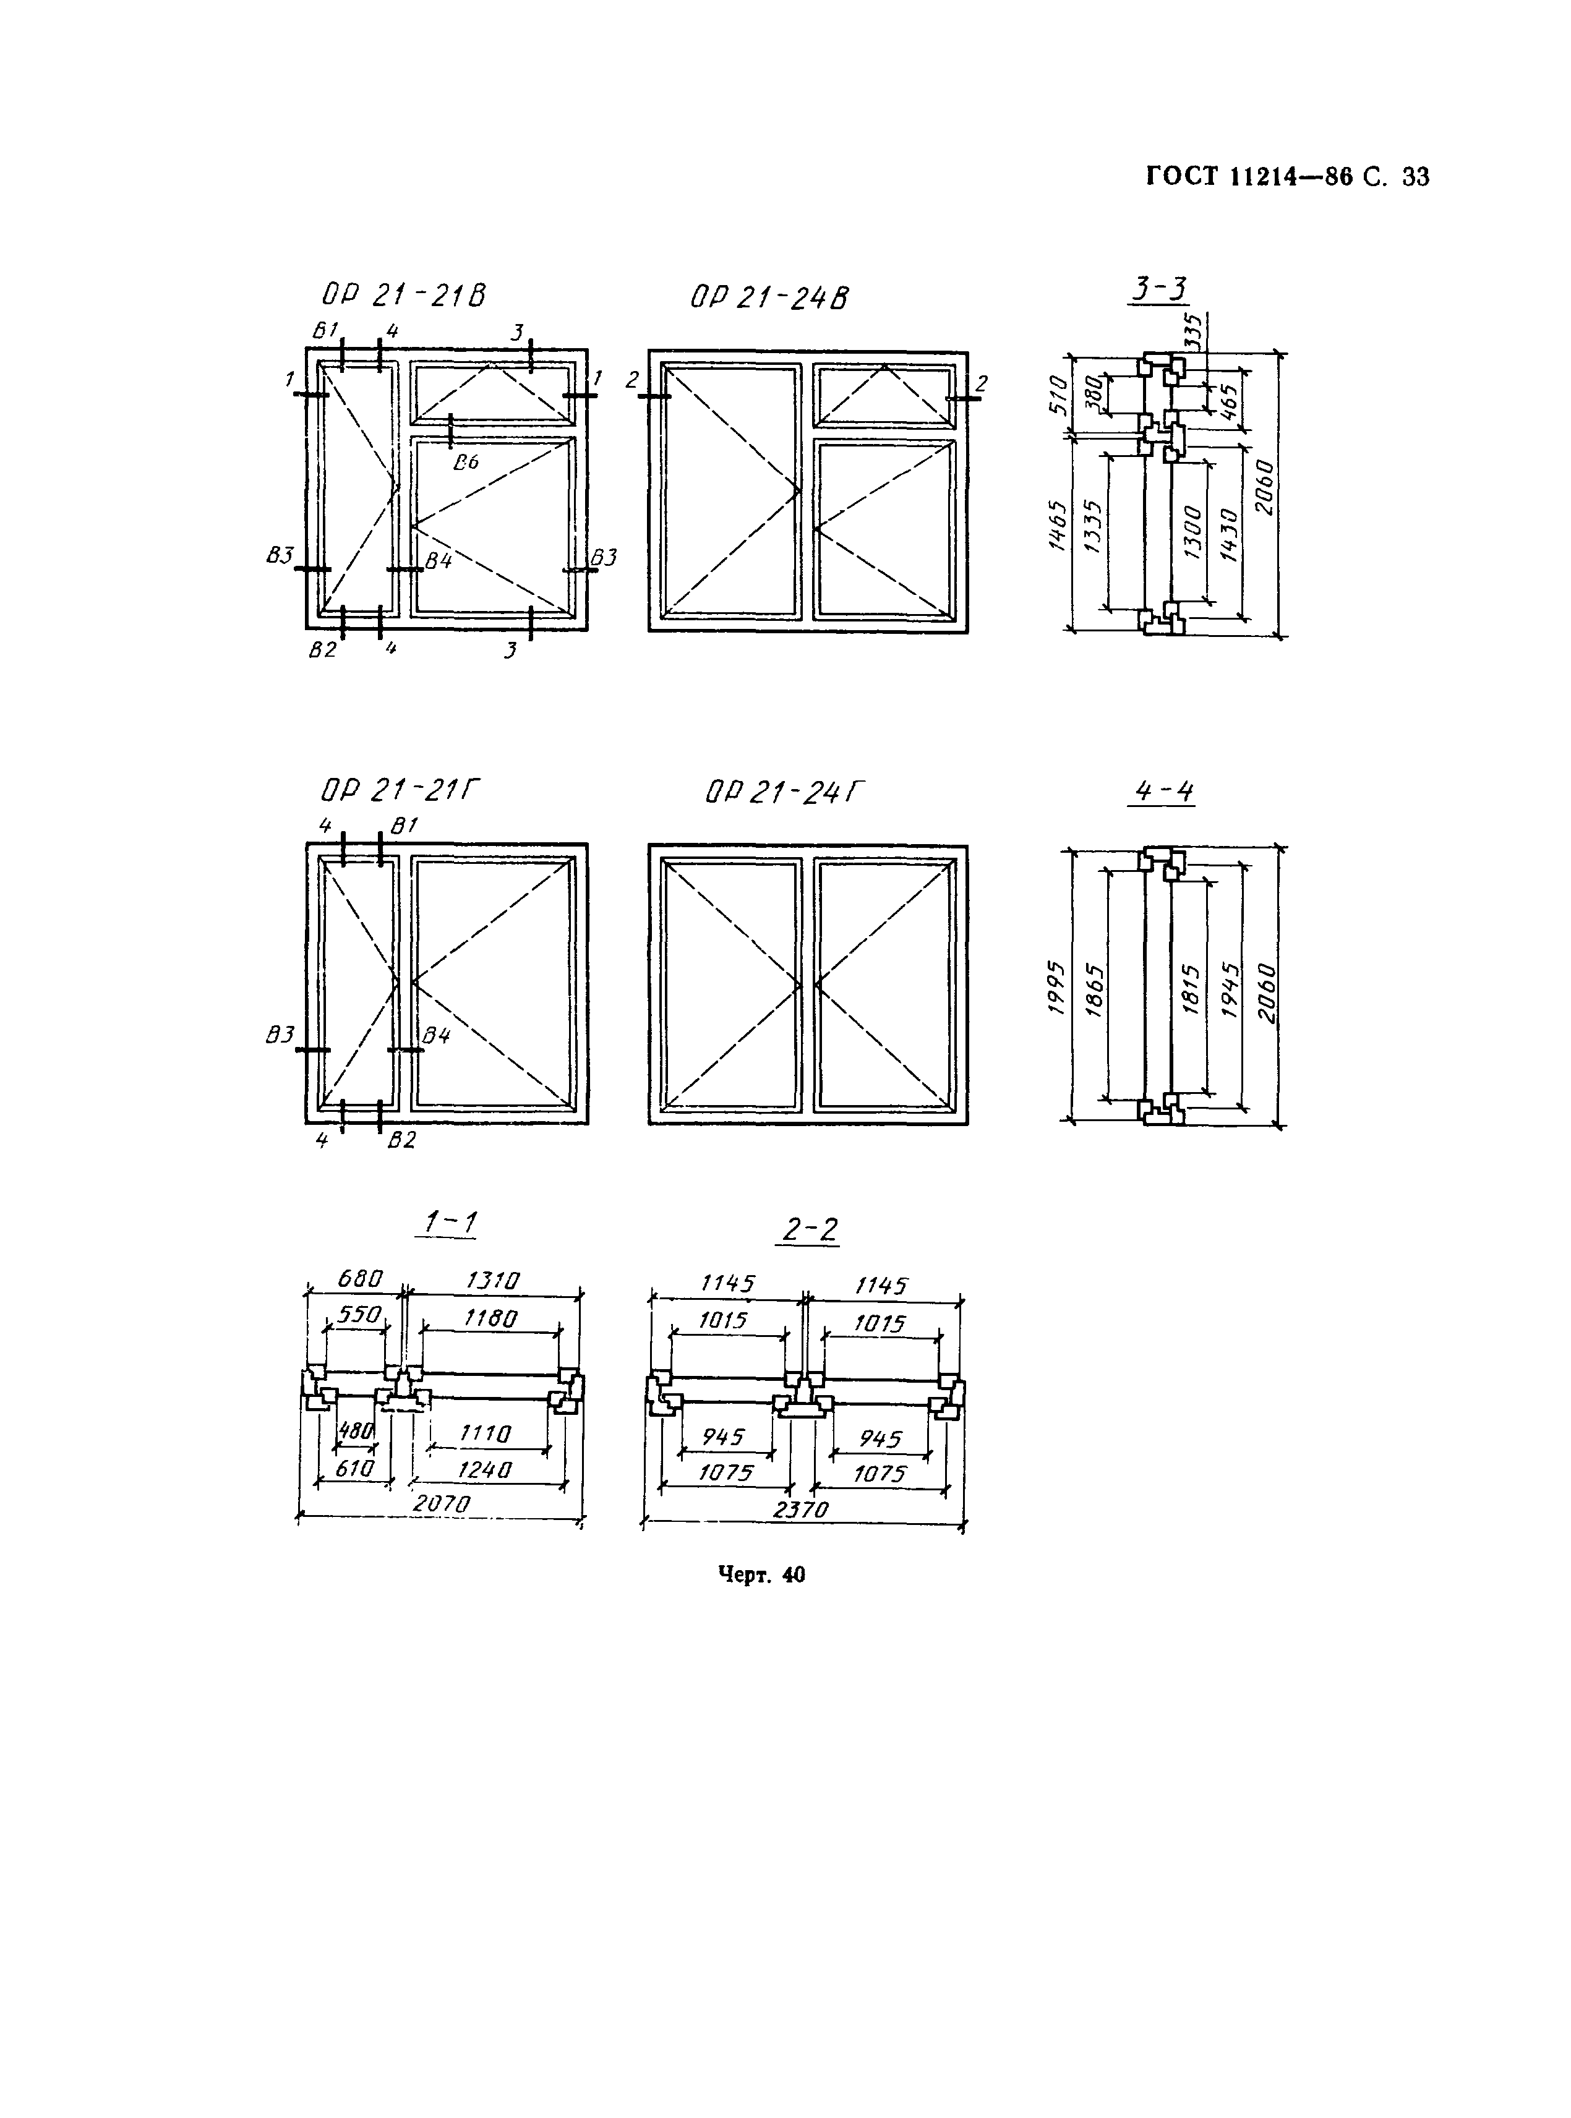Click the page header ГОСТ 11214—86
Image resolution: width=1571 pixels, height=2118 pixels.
tap(1249, 177)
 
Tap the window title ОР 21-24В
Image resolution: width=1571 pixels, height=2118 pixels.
tap(769, 297)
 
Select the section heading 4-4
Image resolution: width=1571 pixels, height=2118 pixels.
tap(1163, 791)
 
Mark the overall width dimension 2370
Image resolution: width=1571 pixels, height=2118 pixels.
tap(801, 1510)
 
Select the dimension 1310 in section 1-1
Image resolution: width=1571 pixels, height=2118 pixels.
tap(492, 1281)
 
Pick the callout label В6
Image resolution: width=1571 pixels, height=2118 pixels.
tap(466, 463)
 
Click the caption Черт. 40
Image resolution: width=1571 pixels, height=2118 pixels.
tap(761, 1575)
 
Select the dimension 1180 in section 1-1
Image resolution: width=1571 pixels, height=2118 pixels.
tap(490, 1318)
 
